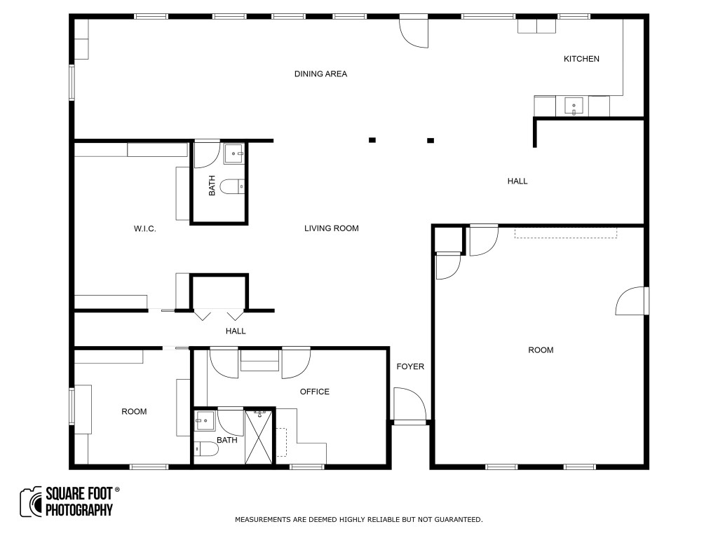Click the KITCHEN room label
coord(581,59)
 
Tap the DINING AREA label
coord(320,74)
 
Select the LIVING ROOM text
coord(332,228)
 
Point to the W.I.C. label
coord(144,229)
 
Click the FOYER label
coord(410,366)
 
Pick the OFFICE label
coord(315,392)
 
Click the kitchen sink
coord(574,106)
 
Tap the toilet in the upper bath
coord(233,186)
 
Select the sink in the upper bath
coord(233,153)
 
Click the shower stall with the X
coord(259,437)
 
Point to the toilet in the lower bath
coord(206,449)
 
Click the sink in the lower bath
coord(205,421)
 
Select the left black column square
coord(372,140)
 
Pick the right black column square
coord(431,140)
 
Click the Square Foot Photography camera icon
coord(31,502)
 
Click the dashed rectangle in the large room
coord(566,233)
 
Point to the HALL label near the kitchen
coord(517,181)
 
